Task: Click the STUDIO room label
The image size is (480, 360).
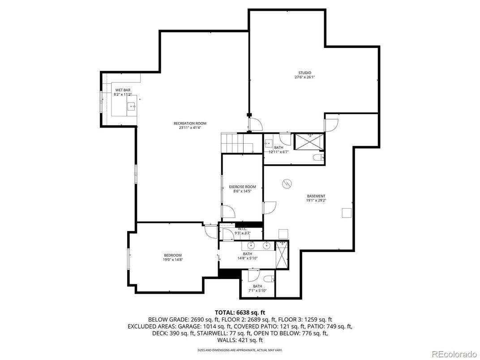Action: pyautogui.click(x=304, y=73)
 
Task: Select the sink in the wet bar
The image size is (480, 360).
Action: pyautogui.click(x=132, y=106)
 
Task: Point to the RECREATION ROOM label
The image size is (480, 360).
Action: pyautogui.click(x=190, y=124)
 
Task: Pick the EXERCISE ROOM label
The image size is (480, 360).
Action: pyautogui.click(x=242, y=187)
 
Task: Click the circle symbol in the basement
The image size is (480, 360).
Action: pyautogui.click(x=287, y=184)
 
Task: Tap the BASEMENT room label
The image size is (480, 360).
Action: pyautogui.click(x=316, y=196)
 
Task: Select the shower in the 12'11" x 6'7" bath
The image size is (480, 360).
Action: pyautogui.click(x=309, y=143)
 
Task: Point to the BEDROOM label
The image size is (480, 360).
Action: pyautogui.click(x=172, y=255)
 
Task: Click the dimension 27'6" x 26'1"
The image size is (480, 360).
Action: pyautogui.click(x=304, y=77)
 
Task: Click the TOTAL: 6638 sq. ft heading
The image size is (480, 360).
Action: pyautogui.click(x=240, y=312)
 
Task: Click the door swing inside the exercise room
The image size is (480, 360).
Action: pyautogui.click(x=227, y=211)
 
